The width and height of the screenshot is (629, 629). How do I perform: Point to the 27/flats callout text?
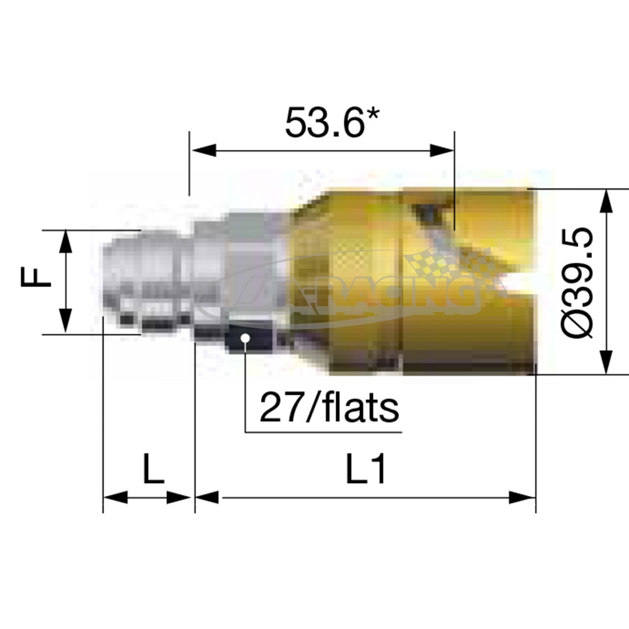point(329,408)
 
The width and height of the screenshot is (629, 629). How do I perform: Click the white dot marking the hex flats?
point(245,338)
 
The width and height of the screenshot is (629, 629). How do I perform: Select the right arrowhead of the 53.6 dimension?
point(442,150)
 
